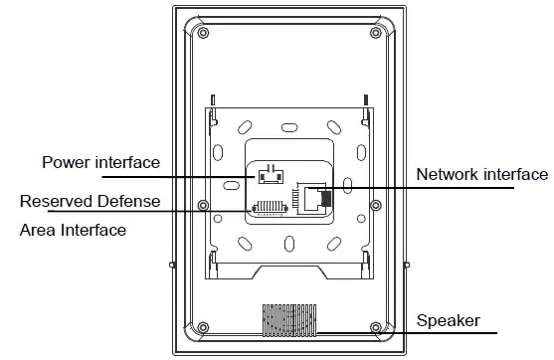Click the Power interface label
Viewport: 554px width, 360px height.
point(99,162)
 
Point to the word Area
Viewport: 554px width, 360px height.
point(38,230)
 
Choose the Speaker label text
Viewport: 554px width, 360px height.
point(448,320)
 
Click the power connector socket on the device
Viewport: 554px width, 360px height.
point(268,177)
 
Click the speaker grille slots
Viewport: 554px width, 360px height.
point(290,318)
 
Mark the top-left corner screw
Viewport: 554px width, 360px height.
point(202,31)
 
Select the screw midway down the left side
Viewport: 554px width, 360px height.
point(203,207)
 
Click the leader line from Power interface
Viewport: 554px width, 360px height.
point(209,178)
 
